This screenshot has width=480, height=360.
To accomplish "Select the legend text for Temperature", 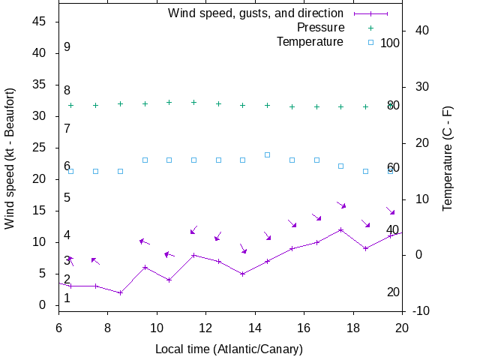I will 310,41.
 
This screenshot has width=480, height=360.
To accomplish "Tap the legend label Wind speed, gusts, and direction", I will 255,13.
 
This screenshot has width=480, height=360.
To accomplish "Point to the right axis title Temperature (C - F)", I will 447,157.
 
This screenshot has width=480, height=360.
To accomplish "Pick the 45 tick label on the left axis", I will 40,22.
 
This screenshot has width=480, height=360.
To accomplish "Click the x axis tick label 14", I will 255,327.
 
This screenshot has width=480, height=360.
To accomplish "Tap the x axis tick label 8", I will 107,327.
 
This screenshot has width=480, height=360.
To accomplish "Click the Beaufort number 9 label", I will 67,46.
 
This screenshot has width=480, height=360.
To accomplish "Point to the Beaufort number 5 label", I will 67,197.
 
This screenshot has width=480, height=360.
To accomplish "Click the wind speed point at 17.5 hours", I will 341,229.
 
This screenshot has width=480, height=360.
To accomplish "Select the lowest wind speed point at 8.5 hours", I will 120,292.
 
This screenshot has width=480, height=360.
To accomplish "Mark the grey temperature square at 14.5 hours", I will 267,154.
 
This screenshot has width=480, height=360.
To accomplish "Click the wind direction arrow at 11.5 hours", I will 193,230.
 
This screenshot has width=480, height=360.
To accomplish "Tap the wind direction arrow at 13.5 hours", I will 243,247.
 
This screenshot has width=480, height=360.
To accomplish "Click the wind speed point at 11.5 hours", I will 193,255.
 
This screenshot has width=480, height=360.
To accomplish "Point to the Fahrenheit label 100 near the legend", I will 390,43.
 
